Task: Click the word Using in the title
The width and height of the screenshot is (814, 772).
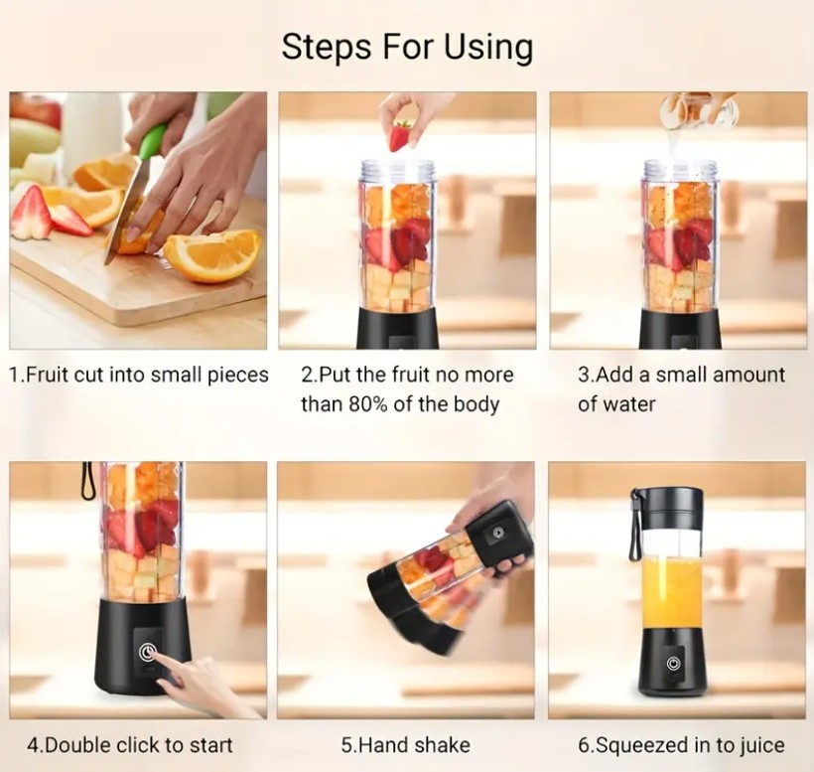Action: click(x=488, y=48)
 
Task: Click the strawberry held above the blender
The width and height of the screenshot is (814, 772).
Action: click(x=401, y=135)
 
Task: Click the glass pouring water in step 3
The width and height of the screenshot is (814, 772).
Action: click(x=698, y=110)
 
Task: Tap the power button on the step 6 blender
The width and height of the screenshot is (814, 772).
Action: click(x=673, y=664)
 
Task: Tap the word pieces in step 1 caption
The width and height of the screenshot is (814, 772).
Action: click(x=238, y=376)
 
